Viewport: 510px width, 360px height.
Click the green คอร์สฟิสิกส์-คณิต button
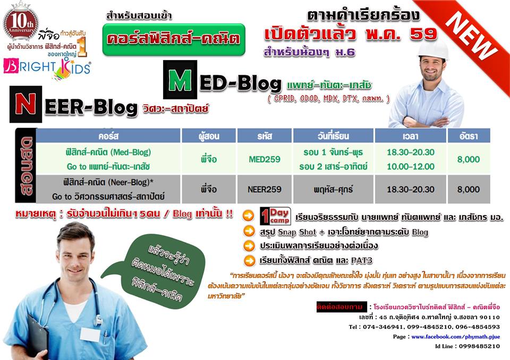[173, 39]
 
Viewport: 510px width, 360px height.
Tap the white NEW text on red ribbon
[471, 34]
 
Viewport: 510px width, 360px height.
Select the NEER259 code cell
[265, 189]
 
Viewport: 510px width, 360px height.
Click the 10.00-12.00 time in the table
[411, 166]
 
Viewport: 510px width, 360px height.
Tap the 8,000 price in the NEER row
[469, 189]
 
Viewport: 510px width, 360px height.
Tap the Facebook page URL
[455, 337]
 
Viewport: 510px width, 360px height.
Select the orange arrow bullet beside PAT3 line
[248, 260]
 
